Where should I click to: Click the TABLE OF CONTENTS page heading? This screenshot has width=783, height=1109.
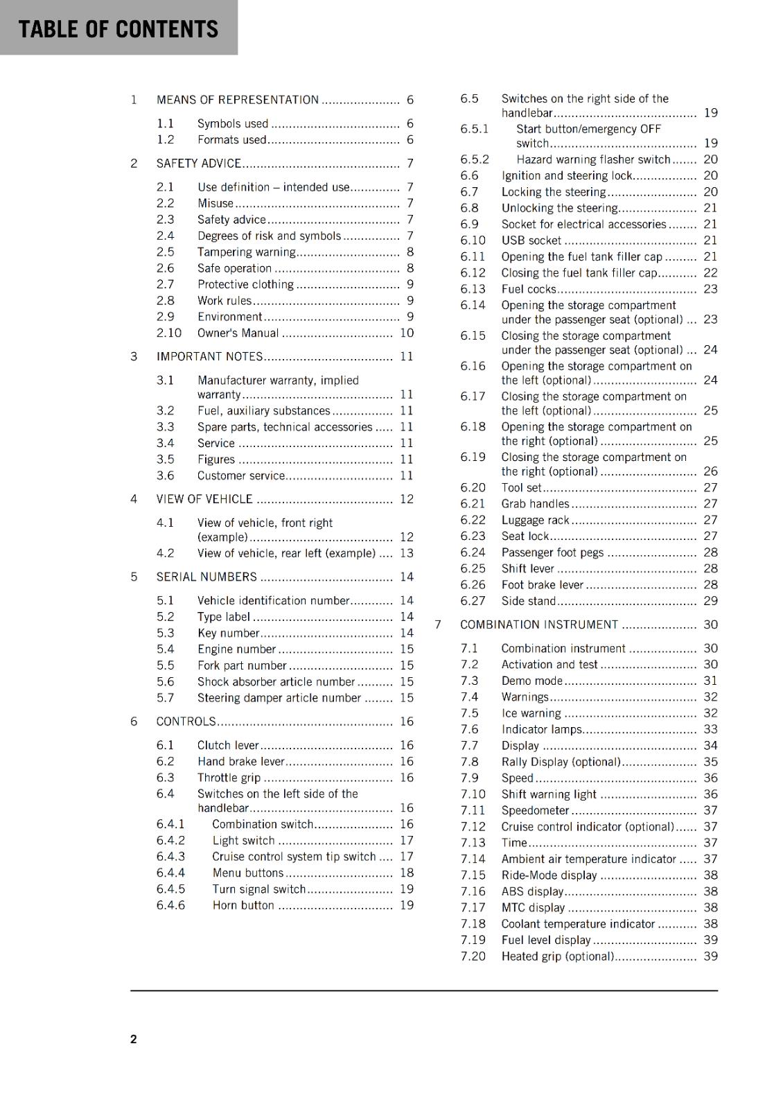pos(118,29)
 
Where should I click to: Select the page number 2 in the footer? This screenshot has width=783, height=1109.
pos(134,1038)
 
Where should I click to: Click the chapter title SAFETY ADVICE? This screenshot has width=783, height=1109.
pos(199,164)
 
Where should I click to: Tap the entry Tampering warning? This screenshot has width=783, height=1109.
pos(246,252)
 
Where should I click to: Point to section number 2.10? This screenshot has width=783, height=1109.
pos(168,333)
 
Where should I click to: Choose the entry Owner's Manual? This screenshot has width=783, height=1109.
pos(238,333)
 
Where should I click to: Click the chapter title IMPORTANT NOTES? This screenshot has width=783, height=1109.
pos(209,356)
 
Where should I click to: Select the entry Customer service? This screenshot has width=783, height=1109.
pos(240,475)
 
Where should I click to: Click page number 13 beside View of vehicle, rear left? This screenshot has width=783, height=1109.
pos(406,553)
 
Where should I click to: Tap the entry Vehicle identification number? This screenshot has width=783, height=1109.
pos(273,600)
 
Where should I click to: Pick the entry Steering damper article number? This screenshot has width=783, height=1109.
pos(279,698)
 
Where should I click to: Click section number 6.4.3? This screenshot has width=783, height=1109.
pos(170,857)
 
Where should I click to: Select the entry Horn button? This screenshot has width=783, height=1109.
pos(243,905)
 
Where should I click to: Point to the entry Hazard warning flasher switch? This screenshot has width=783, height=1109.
pos(593,159)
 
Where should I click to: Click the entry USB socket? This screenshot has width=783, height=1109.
pos(531,241)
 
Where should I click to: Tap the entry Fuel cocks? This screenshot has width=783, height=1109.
pos(529,289)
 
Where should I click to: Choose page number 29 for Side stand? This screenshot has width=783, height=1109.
pos(710,601)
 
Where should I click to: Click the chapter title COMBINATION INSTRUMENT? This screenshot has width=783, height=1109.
pos(539,625)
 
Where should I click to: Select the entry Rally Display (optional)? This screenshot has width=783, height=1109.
pos(561,762)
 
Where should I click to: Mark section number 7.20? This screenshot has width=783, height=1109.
pos(473,957)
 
